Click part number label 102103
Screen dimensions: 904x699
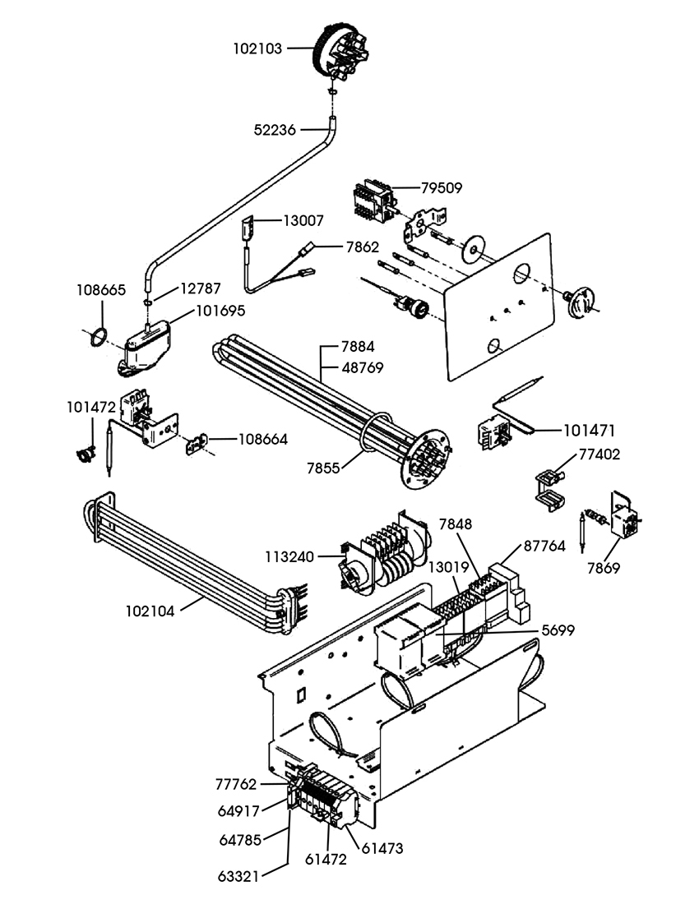[257, 48]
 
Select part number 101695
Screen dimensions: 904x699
[220, 311]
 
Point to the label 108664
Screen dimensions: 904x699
[263, 440]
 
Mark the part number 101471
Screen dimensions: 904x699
[590, 429]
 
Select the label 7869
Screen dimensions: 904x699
[604, 568]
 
